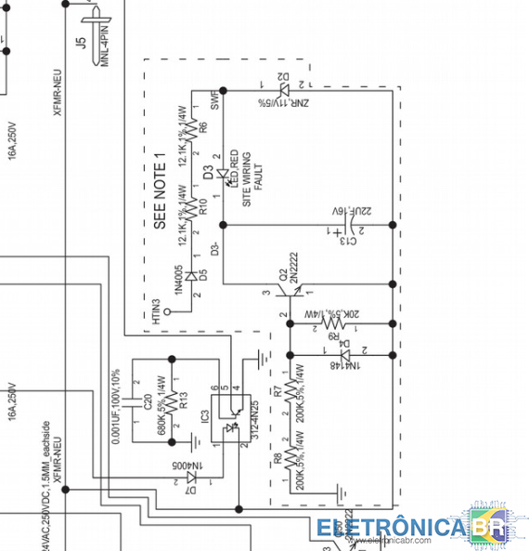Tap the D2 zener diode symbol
pos(284,90)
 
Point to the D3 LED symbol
pos(222,173)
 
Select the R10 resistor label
pos(201,205)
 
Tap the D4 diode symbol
pos(344,355)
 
